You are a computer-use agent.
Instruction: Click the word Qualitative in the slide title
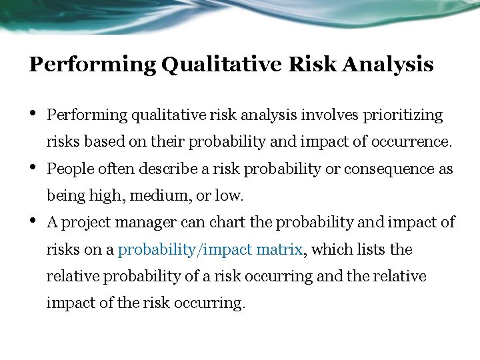222,65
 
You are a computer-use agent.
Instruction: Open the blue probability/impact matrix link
211,250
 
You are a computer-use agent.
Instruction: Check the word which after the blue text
329,250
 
